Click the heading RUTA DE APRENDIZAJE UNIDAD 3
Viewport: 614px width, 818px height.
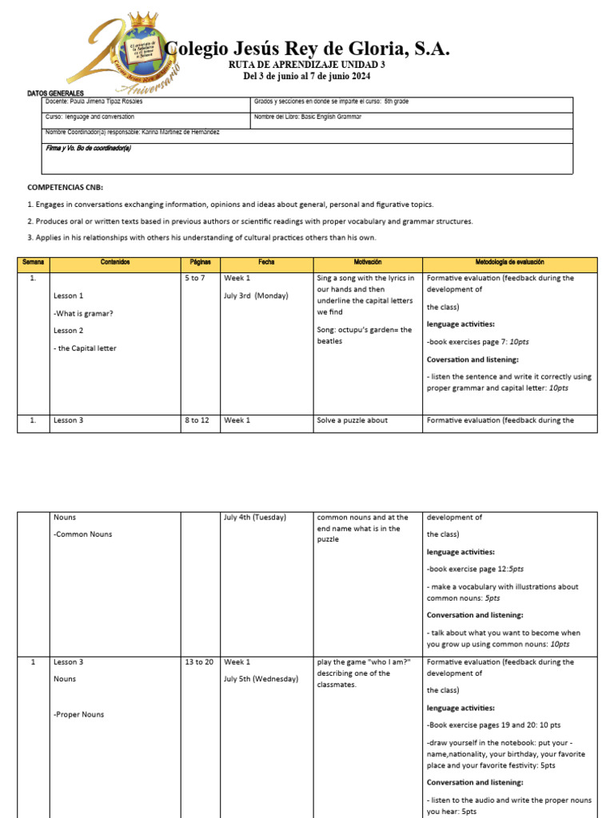(307, 64)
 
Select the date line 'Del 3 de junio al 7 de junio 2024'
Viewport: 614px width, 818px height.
(307, 76)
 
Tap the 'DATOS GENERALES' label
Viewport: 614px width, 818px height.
(55, 93)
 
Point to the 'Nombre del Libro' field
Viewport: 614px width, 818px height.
(308, 117)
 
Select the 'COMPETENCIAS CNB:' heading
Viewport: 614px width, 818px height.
(66, 187)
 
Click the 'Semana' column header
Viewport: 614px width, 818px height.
(33, 262)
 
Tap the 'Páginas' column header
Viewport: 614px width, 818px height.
(200, 262)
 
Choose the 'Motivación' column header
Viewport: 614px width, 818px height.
(367, 262)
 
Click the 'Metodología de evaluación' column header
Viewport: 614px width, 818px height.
(509, 262)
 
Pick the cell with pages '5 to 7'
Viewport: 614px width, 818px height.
(194, 278)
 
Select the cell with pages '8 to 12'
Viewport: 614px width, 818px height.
(197, 420)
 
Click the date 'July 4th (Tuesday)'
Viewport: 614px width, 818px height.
(254, 518)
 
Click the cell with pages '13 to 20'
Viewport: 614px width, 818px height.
(199, 662)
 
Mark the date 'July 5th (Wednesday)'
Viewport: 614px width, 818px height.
(261, 679)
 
